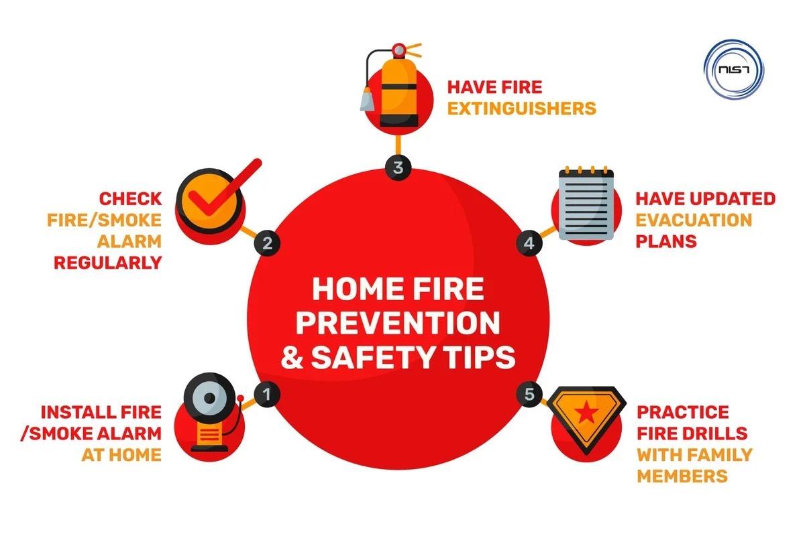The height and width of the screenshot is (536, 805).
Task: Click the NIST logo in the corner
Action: click(733, 69)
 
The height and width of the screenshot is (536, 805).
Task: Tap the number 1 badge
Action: click(267, 394)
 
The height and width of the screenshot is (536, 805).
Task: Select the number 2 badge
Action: click(267, 243)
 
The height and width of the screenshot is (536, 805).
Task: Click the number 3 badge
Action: click(398, 167)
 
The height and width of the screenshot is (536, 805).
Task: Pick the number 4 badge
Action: click(529, 243)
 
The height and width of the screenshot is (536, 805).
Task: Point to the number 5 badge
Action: click(529, 394)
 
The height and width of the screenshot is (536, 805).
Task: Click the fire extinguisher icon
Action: click(392, 86)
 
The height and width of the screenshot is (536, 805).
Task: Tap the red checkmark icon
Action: click(225, 188)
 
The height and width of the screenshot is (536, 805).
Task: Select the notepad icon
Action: click(586, 203)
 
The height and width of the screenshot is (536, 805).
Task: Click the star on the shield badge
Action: click(586, 411)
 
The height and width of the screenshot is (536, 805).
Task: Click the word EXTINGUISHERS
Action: click(521, 109)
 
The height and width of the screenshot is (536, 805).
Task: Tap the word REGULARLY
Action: click(108, 263)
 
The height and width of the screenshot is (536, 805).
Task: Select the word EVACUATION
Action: click(694, 220)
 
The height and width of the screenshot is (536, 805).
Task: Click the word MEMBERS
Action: click(682, 476)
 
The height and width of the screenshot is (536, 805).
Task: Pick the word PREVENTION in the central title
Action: click(398, 323)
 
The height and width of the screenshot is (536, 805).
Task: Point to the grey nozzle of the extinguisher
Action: click(367, 98)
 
